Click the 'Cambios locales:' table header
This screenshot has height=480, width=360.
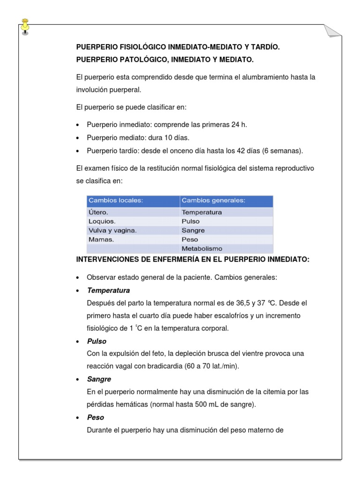coord(115,201)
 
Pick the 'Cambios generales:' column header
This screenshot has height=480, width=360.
coord(213,201)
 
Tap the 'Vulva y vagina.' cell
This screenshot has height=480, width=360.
coord(112,230)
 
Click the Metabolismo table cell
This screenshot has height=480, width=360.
coord(202,248)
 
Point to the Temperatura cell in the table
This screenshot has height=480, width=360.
coord(202,212)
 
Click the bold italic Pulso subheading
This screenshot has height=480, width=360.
coord(97,341)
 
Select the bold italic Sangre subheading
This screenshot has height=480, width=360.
coord(99,379)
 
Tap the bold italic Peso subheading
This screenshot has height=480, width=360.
coord(96,417)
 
